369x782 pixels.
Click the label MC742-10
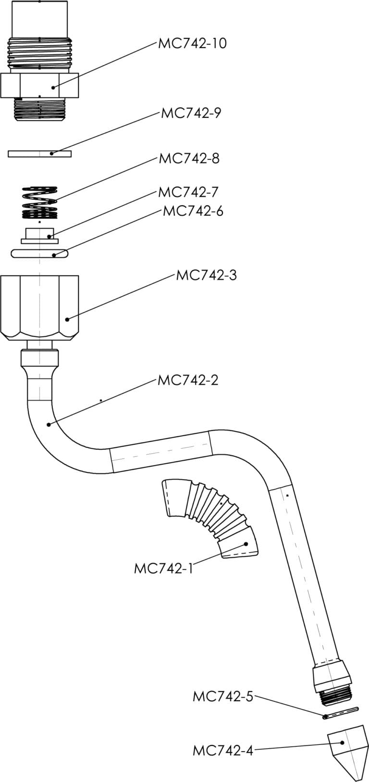coord(192,43)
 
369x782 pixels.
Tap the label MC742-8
coord(189,158)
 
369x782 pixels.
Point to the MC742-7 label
coord(188,192)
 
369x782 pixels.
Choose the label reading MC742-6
coord(193,211)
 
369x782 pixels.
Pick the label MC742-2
coord(187,380)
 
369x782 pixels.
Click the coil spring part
coord(40,202)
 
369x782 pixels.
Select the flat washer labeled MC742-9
coord(39,153)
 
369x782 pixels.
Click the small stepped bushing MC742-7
coord(40,235)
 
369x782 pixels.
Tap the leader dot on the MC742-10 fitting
coord(53,87)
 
